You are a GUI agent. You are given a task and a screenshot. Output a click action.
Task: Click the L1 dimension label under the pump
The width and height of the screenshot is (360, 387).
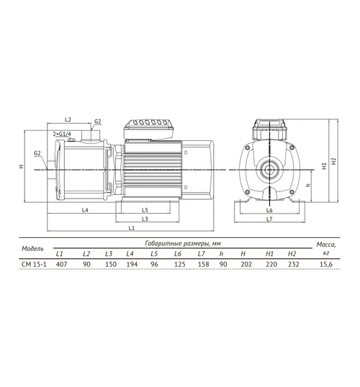click(x=132, y=228)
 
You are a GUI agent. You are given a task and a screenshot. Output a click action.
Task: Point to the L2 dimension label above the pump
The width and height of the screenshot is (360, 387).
click(x=68, y=119)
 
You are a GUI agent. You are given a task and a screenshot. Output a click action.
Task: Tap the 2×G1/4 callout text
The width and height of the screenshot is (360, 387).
click(x=62, y=134)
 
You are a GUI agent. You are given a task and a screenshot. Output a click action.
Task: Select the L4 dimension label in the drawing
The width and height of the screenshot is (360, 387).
click(x=85, y=210)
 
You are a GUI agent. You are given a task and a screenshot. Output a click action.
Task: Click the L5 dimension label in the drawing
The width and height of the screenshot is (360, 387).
click(x=145, y=210)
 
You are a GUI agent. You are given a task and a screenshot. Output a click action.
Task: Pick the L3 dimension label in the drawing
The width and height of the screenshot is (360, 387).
click(x=145, y=219)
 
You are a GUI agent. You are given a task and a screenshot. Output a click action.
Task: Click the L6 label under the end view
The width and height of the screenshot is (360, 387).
click(x=269, y=210)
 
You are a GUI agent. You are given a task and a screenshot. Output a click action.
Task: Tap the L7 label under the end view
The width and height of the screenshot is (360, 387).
click(x=269, y=219)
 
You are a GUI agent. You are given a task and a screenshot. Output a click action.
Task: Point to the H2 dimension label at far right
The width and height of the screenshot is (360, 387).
click(x=334, y=161)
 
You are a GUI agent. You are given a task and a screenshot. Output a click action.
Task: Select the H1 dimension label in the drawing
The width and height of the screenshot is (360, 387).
click(x=325, y=166)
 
